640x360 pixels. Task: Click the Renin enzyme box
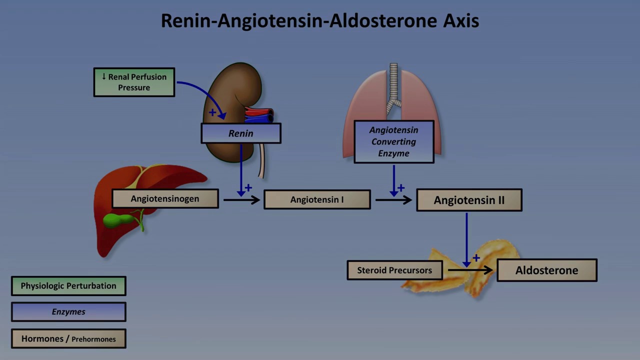[241, 133]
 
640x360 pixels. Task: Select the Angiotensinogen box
[165, 198]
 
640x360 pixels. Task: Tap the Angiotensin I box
[317, 199]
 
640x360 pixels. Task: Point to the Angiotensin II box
[469, 200]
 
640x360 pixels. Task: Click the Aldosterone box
[546, 270]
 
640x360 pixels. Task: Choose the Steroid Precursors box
[394, 270]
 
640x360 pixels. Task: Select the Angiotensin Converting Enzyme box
[393, 141]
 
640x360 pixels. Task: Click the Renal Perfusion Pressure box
[134, 82]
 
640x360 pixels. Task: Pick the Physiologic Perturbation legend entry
[68, 286]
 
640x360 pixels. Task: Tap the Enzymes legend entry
[68, 311]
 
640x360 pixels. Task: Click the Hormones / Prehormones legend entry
[68, 338]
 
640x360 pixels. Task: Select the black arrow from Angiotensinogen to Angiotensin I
[241, 200]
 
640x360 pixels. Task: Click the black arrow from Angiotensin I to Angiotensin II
[393, 200]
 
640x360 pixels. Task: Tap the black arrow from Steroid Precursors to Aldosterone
[470, 270]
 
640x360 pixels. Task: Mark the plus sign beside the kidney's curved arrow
[212, 112]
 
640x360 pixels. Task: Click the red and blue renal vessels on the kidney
[258, 115]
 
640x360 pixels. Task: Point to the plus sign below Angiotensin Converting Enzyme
[401, 188]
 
